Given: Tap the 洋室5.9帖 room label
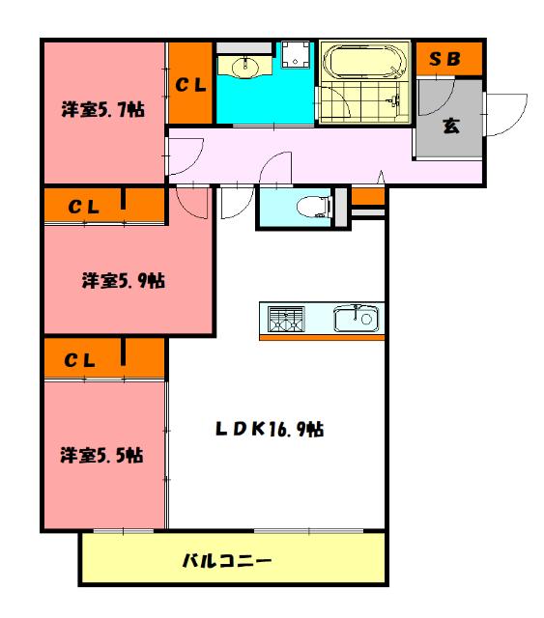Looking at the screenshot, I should click(x=123, y=281).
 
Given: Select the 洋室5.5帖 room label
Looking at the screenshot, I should click(x=102, y=454).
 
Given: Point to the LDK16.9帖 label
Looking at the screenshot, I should click(x=269, y=429).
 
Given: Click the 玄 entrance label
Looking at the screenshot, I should click(x=450, y=126).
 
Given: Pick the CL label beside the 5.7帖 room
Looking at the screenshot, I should click(x=190, y=85).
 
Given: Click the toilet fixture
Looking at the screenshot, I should click(x=310, y=204).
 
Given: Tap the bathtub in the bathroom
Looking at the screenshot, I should click(x=363, y=66).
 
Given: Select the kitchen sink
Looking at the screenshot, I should click(x=358, y=318).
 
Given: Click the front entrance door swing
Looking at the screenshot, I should click(x=504, y=114).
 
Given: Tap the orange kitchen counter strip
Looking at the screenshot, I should click(x=321, y=337).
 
